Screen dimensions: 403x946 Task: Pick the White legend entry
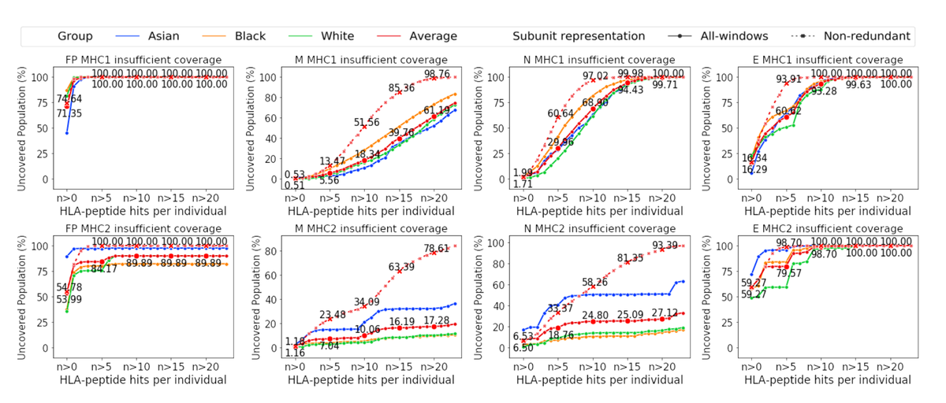(x=338, y=36)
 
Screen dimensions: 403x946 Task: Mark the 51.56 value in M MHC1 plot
(x=367, y=123)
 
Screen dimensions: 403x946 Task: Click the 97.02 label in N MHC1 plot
(x=597, y=76)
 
